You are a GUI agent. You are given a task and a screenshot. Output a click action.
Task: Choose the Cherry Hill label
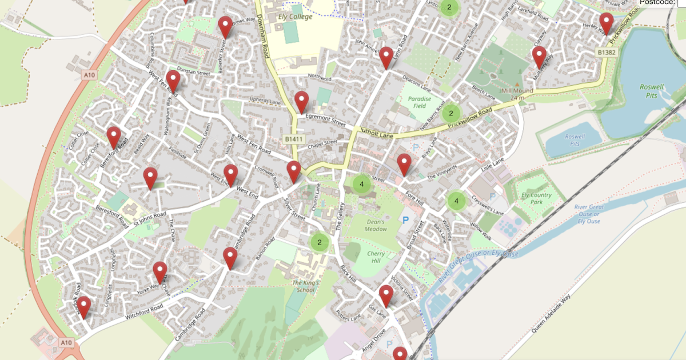coord(374,257)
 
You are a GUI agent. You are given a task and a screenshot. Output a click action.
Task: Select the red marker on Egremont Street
coord(301,103)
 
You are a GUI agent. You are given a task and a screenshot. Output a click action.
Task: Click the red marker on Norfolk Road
coord(84,307)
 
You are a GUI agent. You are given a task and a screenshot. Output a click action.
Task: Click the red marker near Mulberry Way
coord(539,58)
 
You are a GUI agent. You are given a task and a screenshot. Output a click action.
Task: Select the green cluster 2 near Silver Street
coord(320,242)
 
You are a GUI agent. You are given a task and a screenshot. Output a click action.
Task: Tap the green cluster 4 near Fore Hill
coord(456,201)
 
